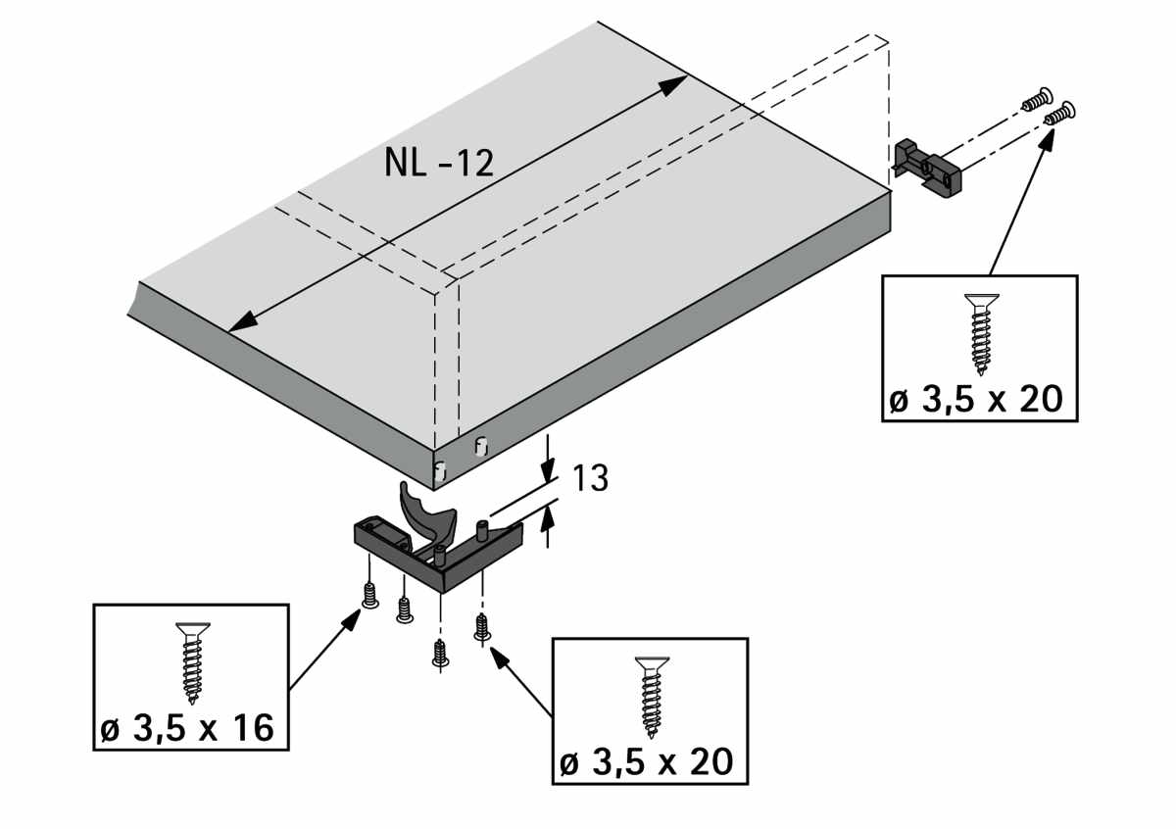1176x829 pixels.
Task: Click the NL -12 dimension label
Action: pyautogui.click(x=439, y=163)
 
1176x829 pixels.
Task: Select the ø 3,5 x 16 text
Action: pyautogui.click(x=185, y=729)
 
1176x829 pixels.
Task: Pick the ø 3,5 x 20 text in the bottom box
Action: pyautogui.click(x=647, y=762)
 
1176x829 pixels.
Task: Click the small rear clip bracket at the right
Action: pyautogui.click(x=929, y=167)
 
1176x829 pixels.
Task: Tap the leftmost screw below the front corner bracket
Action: pyautogui.click(x=369, y=595)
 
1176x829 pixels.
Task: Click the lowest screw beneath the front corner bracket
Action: pyautogui.click(x=440, y=653)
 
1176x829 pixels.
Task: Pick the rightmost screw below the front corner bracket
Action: pyautogui.click(x=481, y=626)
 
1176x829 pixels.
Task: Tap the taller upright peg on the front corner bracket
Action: pyautogui.click(x=482, y=534)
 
